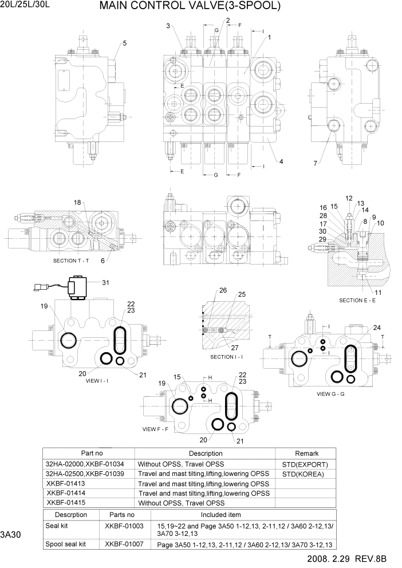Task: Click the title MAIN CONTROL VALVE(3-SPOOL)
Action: coord(190,6)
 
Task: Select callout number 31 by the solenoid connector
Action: coord(105,282)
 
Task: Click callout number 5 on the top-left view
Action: coord(125,43)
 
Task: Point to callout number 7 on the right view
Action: coord(315,164)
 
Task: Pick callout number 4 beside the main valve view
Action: coord(281,161)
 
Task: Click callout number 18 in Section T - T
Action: coord(77,203)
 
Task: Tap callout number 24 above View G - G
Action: coord(361,328)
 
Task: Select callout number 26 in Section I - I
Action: coord(207,290)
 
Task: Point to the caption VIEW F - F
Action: coord(157,429)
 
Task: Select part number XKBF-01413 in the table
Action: coord(66,484)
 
